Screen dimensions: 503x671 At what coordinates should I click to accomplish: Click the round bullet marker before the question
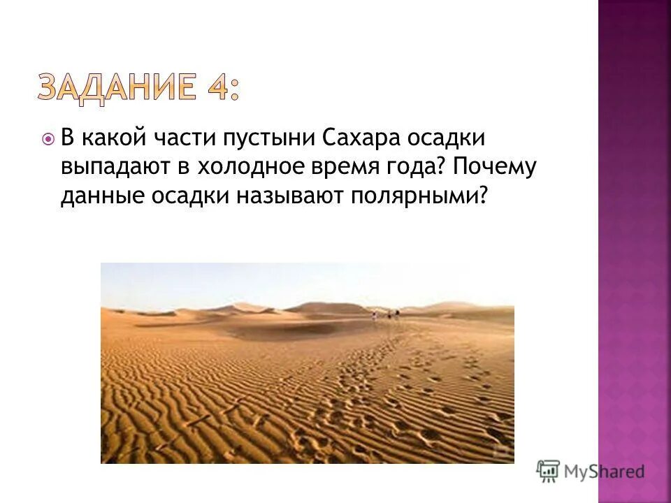(x=48, y=140)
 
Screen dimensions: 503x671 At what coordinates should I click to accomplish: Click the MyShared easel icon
(x=549, y=472)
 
